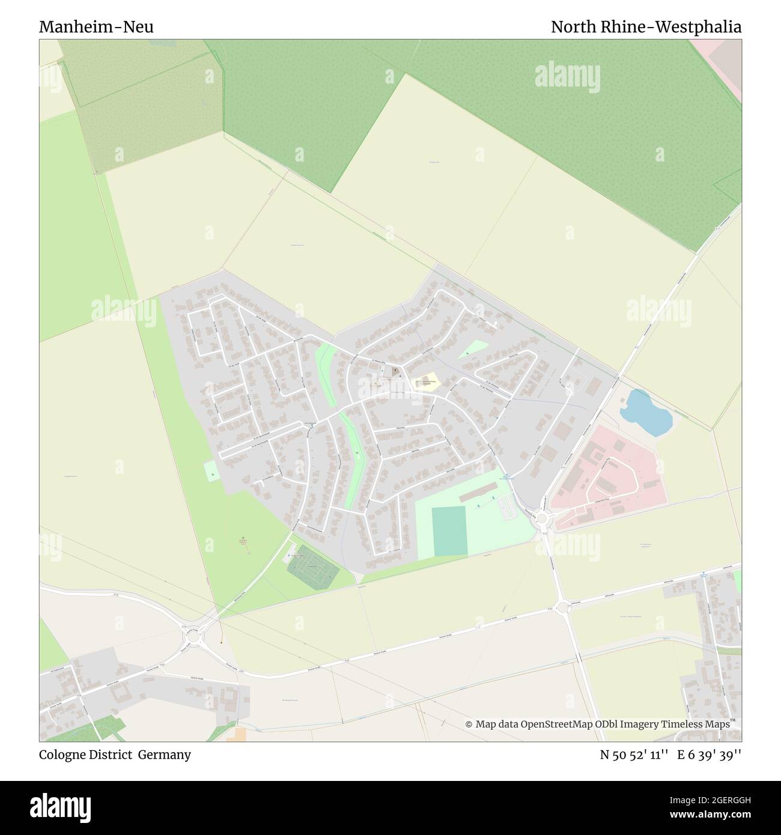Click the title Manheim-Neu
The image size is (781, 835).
[x=96, y=27]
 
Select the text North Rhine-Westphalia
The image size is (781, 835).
[x=646, y=27]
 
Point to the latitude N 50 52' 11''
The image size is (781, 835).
[x=634, y=755]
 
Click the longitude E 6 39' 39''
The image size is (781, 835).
[x=710, y=755]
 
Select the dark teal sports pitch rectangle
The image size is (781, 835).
[x=449, y=530]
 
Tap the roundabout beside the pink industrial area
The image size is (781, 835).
[x=543, y=518]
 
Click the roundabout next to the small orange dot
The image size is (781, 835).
[x=193, y=636]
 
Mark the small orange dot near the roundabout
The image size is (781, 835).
[x=222, y=642]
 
